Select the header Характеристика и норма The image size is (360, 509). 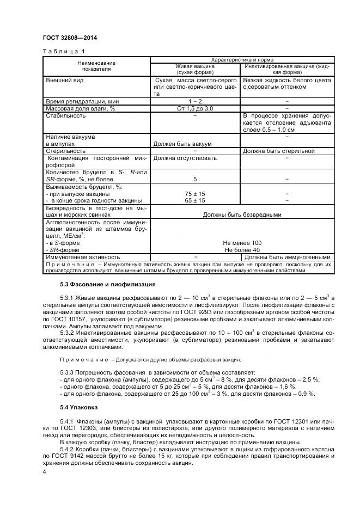[x=242, y=59]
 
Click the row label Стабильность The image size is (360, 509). [x=64, y=116]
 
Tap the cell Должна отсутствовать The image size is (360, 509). [x=185, y=158]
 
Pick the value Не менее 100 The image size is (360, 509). [x=242, y=242]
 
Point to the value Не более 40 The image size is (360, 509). [x=242, y=249]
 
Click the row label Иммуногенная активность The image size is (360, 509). [x=90, y=257]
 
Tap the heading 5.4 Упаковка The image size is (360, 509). [x=78, y=407]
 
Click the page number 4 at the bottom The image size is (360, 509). [x=44, y=471]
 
